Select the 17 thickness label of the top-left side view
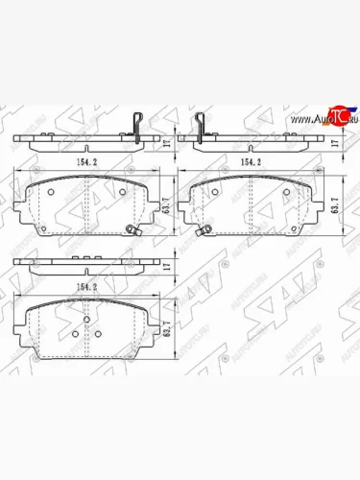coord(167,144)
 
